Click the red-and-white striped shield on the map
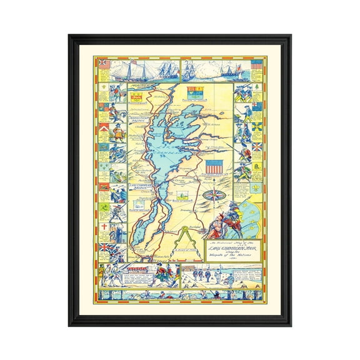(213, 167)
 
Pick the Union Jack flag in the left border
(103, 247)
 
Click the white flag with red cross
(103, 226)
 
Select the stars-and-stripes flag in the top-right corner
(256, 64)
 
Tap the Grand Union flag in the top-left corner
(103, 64)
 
